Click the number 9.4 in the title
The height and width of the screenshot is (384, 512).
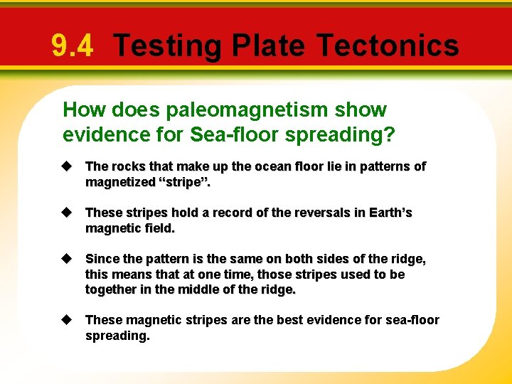[x=72, y=46]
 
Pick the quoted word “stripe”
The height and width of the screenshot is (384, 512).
[x=188, y=182]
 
